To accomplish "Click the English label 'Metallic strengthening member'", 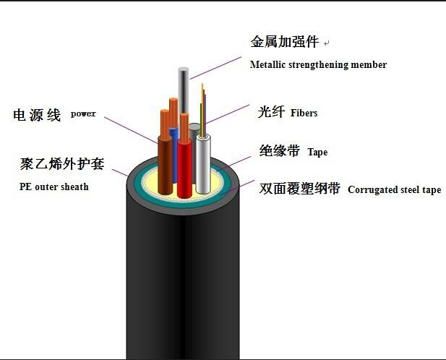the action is click(318, 65).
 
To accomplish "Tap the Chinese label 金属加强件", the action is click(284, 42).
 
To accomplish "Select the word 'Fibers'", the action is click(304, 113).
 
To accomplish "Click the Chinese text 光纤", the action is click(271, 111).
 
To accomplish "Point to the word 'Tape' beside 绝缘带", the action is click(317, 152).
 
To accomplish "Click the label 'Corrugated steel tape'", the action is click(394, 189).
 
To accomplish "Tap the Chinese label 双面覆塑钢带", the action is click(299, 188).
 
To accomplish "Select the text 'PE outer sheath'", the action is click(54, 187).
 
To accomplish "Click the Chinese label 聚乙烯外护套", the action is click(62, 164).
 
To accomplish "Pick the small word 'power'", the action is click(83, 113).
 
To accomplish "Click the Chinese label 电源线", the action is click(37, 115).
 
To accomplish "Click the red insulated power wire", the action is click(184, 168).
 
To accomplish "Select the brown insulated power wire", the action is click(166, 165).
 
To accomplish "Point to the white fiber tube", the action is click(203, 164).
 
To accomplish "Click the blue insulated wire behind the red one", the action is click(174, 153).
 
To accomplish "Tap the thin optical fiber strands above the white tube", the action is click(203, 109).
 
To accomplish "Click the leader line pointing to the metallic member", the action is click(215, 68).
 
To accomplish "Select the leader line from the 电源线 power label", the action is click(131, 130).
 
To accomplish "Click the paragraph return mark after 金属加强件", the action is click(327, 43).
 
